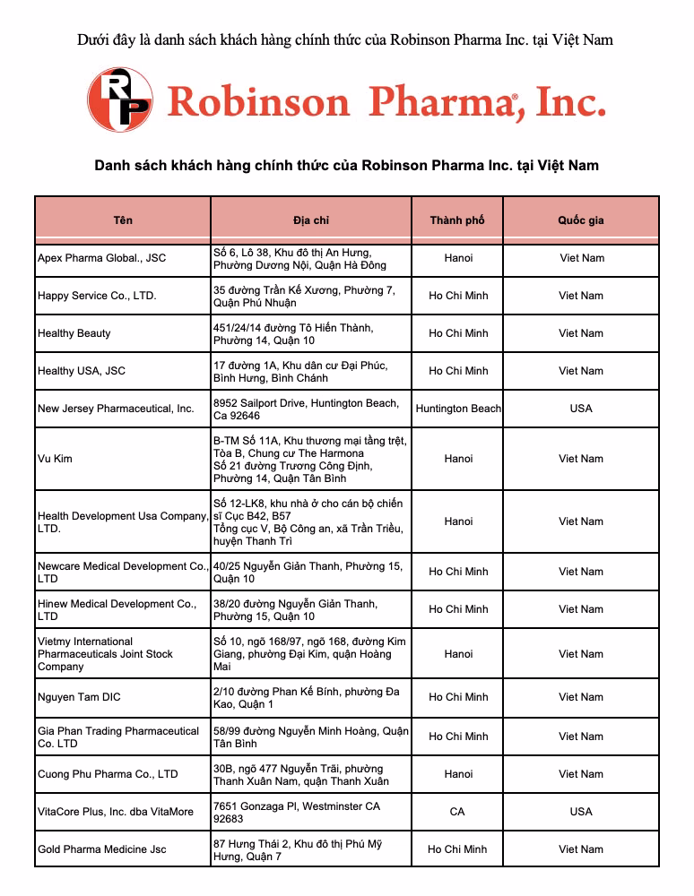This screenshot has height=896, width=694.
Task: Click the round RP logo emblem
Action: tap(119, 100)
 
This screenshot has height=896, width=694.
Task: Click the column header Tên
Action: tap(123, 220)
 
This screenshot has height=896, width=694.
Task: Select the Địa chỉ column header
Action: tap(311, 220)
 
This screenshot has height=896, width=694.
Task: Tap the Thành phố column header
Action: tap(457, 220)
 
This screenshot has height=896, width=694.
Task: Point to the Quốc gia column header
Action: tap(581, 220)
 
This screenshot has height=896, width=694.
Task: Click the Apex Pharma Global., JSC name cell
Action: tap(101, 258)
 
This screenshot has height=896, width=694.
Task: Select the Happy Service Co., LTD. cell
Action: tap(97, 296)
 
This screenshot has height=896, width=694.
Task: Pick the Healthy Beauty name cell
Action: tap(74, 333)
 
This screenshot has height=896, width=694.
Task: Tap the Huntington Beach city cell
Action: tap(458, 409)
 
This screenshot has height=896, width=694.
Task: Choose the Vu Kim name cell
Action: tap(56, 459)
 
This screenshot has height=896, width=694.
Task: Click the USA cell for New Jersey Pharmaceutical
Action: tap(581, 409)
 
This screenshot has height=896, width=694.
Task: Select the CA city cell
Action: tap(457, 812)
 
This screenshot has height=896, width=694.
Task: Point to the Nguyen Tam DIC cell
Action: tap(79, 697)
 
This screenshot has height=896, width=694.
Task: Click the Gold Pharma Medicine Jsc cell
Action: tap(102, 849)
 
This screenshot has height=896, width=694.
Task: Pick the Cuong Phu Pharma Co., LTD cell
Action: tap(108, 774)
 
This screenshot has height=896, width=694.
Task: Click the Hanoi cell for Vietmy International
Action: tap(458, 654)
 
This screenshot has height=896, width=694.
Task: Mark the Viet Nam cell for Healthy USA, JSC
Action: tap(581, 371)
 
